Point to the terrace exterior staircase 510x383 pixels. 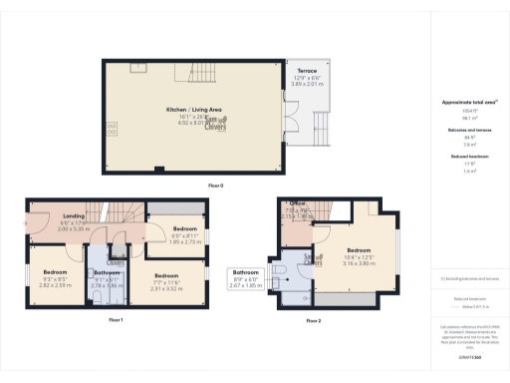pos(322,124)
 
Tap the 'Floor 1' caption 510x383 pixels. pos(116,320)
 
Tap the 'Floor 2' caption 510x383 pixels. pos(314,320)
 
